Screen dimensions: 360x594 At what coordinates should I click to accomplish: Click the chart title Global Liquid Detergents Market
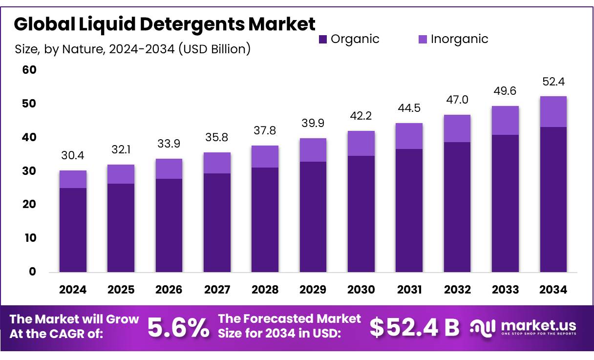pos(165,24)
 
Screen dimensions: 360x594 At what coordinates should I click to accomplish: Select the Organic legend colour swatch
pos(323,39)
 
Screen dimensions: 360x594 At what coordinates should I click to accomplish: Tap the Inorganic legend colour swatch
pos(423,39)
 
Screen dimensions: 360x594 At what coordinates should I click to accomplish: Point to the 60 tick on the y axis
pos(29,70)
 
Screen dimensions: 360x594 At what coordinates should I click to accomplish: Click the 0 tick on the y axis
pos(32,272)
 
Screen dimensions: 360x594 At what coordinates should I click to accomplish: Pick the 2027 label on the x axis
pos(217,290)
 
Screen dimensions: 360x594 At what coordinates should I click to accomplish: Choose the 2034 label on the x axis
pos(553,290)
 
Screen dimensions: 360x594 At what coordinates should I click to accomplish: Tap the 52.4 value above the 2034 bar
pos(553,81)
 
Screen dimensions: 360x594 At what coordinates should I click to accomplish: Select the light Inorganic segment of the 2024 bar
pos(73,179)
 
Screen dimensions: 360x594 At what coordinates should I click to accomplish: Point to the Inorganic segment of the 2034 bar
pos(553,111)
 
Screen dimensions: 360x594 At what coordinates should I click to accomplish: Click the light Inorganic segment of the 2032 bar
pos(457,128)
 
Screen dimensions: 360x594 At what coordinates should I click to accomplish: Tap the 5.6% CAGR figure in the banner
pos(178,328)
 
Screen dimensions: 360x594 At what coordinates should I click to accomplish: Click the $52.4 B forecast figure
pos(414,328)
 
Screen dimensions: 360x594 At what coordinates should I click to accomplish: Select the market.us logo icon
pos(483,328)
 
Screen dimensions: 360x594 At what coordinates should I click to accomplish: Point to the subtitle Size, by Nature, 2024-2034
pos(133,49)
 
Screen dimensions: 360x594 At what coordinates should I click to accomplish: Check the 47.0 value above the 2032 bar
pos(457,100)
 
